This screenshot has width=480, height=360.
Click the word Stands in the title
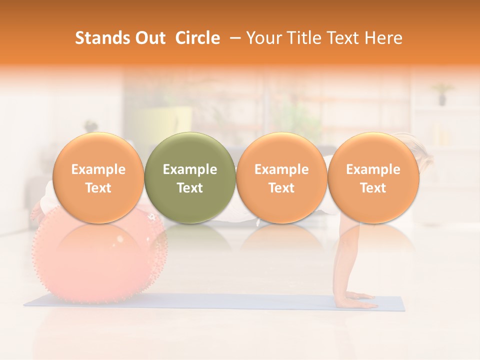pos(97,38)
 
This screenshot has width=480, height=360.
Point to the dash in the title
pos(233,38)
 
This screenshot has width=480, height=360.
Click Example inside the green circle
pos(190,169)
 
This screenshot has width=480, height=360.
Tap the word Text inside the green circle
pos(190,188)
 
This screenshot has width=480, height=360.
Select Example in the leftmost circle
pos(98,169)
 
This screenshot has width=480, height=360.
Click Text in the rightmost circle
pos(373,188)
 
